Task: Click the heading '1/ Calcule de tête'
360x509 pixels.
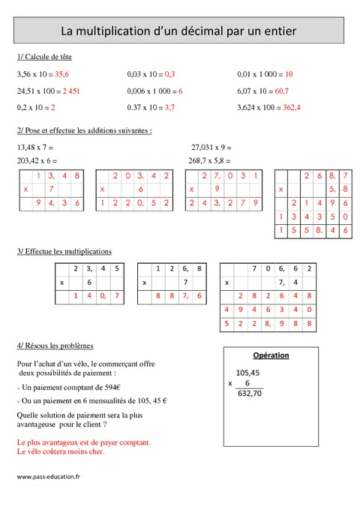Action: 43,57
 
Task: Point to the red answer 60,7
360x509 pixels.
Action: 282,91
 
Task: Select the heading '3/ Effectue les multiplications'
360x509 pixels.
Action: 64,251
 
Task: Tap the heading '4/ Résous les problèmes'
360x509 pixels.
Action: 54,346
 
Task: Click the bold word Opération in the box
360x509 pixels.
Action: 271,355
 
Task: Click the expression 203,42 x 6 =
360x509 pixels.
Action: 37,160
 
